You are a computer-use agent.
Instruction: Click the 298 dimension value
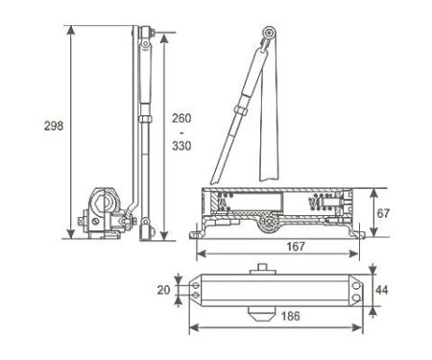pos(54,126)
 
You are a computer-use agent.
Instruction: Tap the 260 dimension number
pos(181,118)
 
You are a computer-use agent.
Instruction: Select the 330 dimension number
pos(181,146)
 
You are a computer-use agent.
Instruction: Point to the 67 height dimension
pos(383,213)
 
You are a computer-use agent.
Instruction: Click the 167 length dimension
pos(296,247)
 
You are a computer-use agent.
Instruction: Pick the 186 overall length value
pos(291,316)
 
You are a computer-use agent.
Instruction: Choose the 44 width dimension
pos(382,290)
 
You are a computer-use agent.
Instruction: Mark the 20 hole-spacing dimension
pos(163,290)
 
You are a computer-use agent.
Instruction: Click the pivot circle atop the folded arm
pos(270,33)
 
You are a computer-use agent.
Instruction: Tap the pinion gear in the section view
pos(269,222)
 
